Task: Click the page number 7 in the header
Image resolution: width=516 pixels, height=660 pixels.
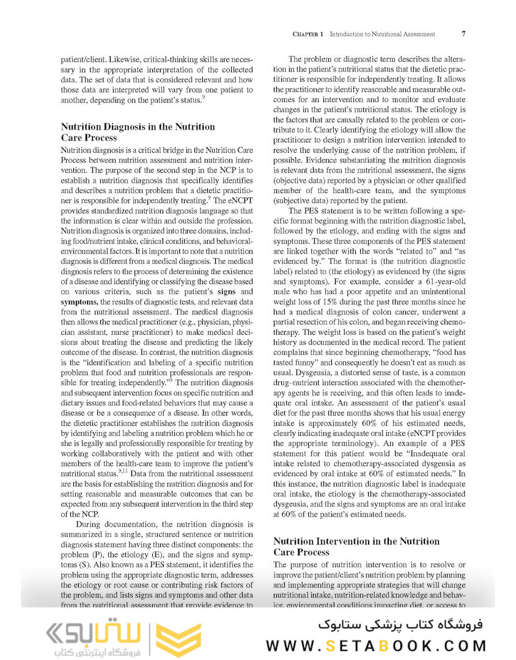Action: coord(463,34)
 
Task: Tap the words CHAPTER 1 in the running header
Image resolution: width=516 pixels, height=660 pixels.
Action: coord(309,34)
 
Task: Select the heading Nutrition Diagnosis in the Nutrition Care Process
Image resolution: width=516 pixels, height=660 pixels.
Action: coord(138,132)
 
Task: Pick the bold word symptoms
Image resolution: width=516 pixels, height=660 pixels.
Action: coord(79,298)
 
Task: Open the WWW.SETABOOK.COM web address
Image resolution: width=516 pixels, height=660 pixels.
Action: coord(375,645)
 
